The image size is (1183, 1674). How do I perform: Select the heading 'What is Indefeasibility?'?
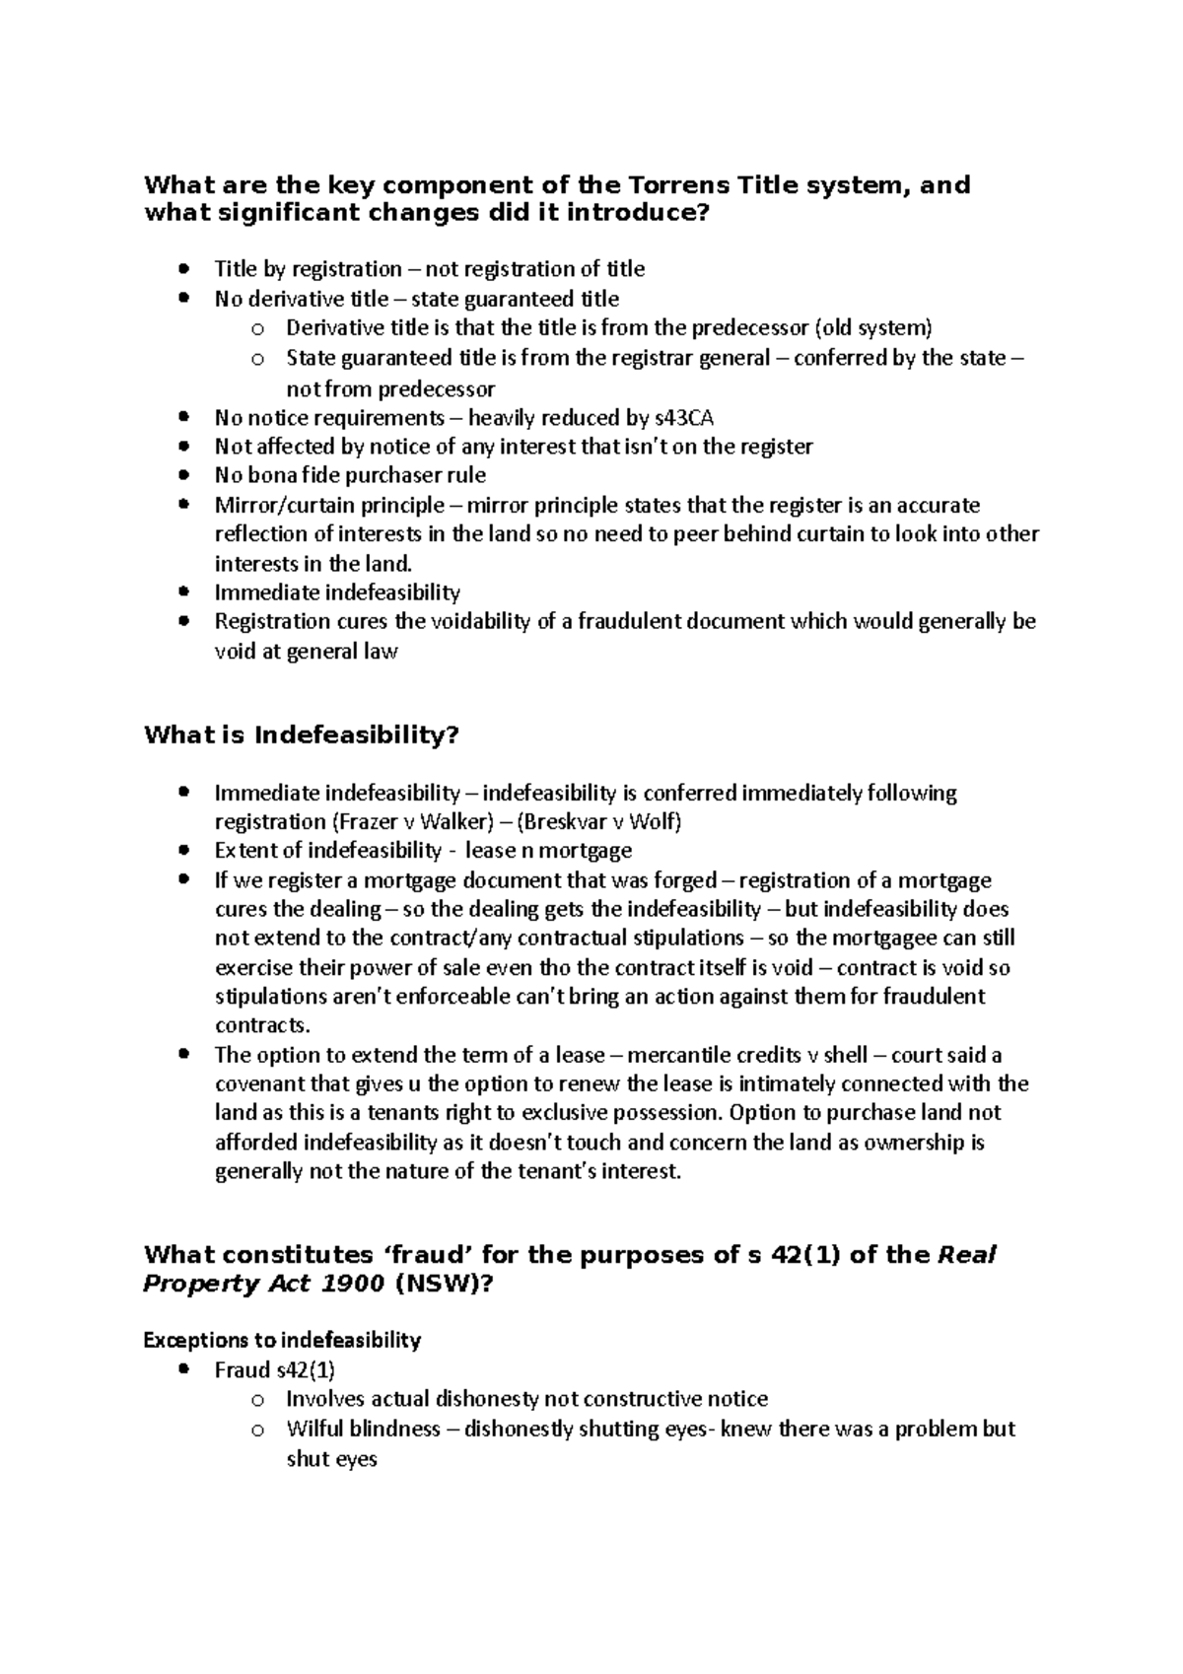302,735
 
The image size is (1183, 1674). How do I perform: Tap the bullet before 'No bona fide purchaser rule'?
183,475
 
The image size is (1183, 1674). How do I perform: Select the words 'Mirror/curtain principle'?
329,505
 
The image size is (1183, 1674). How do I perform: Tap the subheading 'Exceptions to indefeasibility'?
282,1340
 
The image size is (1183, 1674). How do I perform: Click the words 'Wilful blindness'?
363,1429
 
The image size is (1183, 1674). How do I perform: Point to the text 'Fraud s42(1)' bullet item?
275,1369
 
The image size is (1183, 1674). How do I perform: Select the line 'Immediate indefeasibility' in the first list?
337,593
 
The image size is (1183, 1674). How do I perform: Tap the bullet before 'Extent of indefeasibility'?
183,850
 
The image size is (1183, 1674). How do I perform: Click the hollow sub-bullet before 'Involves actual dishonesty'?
257,1400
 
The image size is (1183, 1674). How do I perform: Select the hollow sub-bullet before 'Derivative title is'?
257,329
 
